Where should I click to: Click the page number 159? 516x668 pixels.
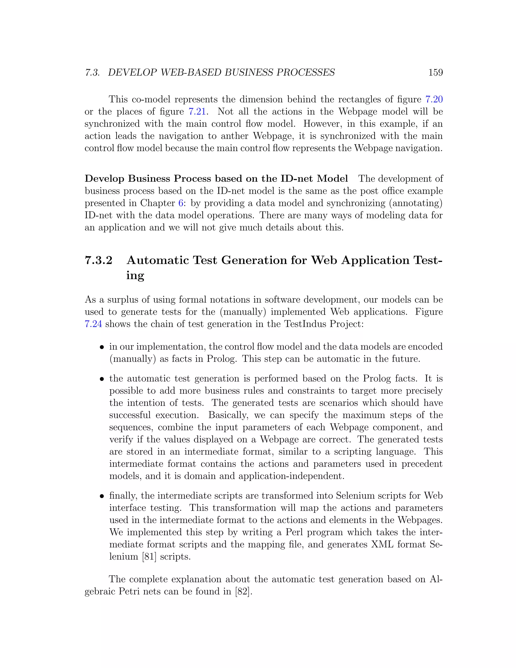(435, 73)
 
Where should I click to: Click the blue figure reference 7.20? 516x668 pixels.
(434, 99)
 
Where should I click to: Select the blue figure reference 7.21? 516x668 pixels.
(197, 112)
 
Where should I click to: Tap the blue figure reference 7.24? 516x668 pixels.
(93, 324)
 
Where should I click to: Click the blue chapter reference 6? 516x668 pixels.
(180, 203)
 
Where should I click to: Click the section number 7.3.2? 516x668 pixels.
(99, 260)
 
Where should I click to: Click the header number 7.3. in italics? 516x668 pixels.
(92, 73)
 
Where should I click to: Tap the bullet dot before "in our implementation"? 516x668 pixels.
(102, 347)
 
